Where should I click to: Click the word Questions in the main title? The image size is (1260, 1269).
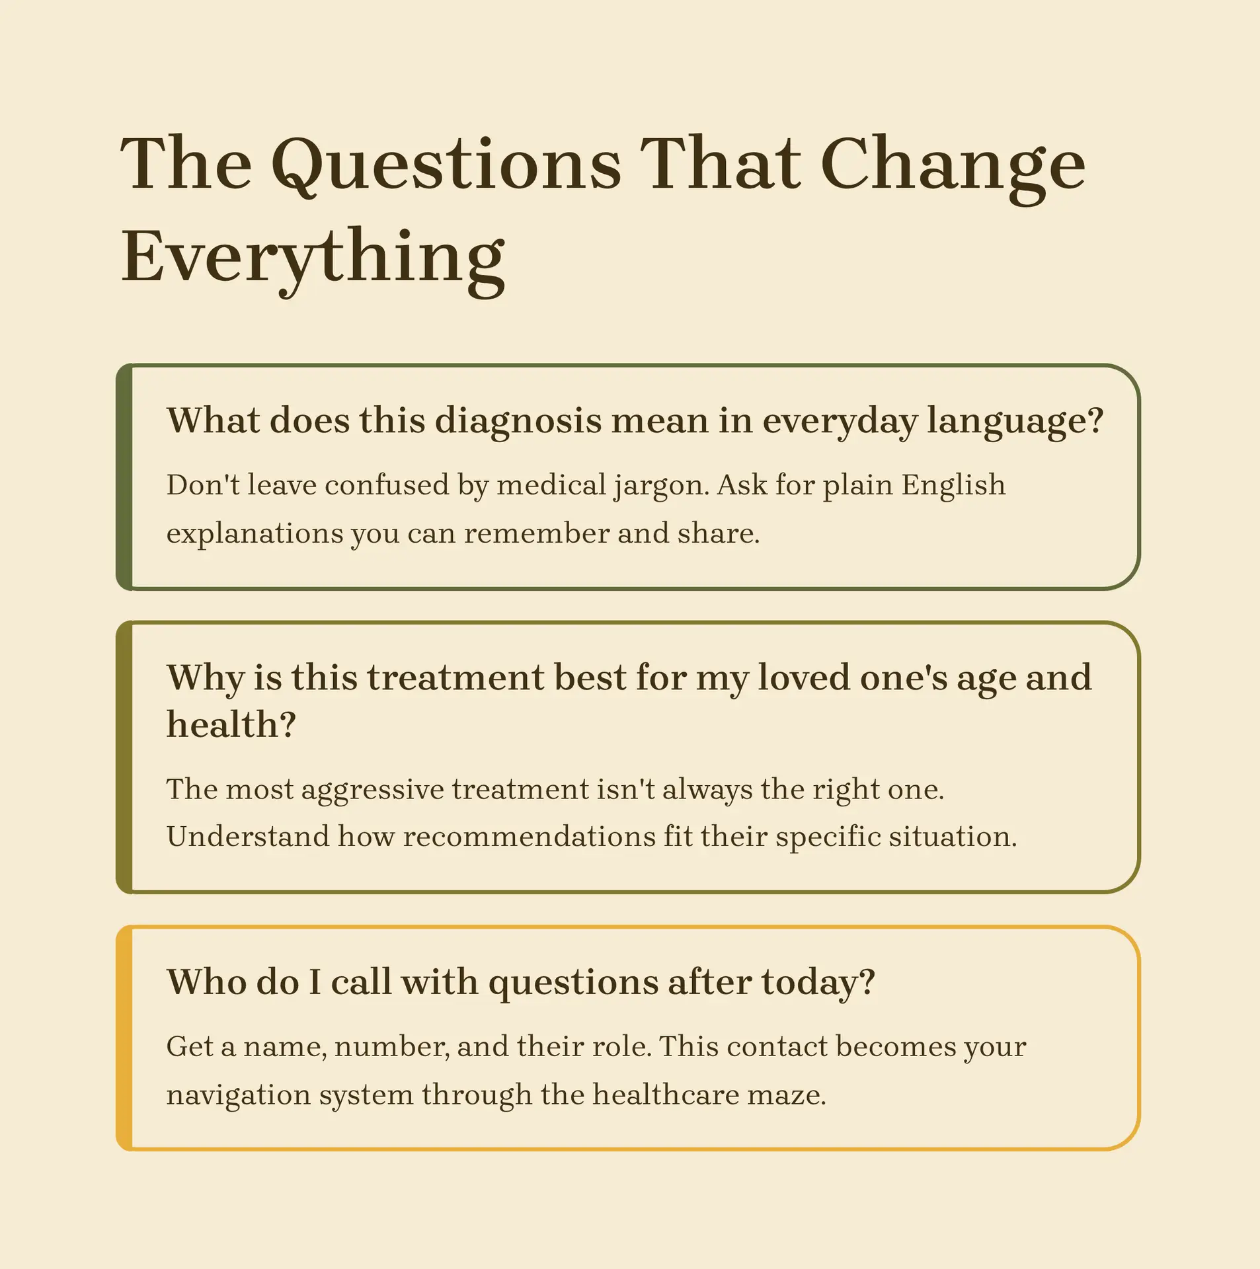446,165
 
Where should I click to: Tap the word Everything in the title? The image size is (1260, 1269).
313,258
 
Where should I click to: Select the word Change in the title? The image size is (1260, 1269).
952,165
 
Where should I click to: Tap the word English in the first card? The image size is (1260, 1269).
953,484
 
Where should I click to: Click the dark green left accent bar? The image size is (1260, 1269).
124,477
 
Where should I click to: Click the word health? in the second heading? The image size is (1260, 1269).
231,724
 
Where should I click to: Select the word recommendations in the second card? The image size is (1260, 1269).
529,837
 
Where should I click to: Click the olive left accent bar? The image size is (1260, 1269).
124,757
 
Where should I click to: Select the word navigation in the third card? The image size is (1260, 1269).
238,1095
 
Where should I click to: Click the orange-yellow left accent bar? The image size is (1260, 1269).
124,1038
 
